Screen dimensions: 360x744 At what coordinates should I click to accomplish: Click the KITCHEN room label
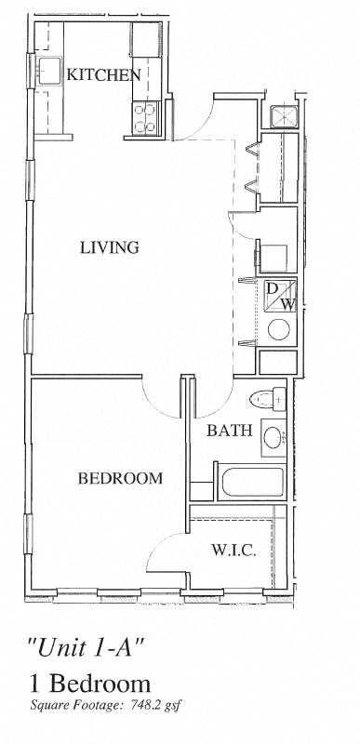coord(104,75)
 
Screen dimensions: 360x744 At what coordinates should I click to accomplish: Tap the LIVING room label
coord(109,247)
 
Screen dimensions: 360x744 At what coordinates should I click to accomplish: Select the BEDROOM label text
coord(120,478)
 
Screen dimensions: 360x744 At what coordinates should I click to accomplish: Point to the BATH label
coord(230,431)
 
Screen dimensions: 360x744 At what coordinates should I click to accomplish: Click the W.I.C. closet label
coord(233,551)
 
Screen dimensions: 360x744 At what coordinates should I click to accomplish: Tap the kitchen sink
coord(50,72)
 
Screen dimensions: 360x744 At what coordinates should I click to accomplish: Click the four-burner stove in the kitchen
coord(146,118)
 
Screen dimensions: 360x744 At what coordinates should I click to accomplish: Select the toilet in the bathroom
coord(268,398)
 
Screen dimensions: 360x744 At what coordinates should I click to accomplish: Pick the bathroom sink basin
coord(273,437)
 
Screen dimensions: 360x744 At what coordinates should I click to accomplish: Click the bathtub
coord(252,482)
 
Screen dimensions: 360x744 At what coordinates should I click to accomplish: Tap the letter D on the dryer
coord(272,287)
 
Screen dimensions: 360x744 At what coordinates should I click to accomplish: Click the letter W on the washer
coord(288,305)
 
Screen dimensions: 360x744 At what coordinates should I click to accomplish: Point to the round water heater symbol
coord(278,329)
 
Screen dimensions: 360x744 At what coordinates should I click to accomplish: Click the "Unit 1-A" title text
coord(86,648)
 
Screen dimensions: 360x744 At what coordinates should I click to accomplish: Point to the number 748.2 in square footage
coord(140,705)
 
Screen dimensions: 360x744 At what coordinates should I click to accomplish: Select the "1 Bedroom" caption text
coord(90,684)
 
